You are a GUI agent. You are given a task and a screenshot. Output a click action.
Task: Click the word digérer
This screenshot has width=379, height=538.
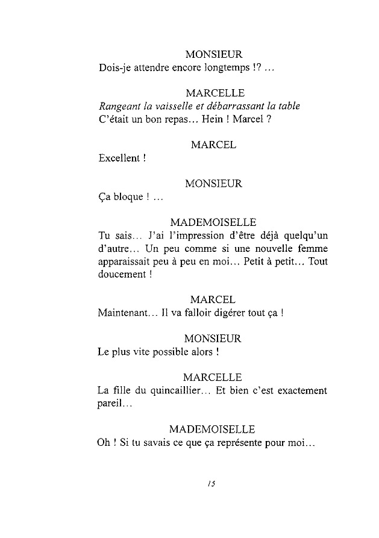pos(224,313)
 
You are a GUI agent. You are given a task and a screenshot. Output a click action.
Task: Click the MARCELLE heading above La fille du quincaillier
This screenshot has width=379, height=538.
pos(213,378)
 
